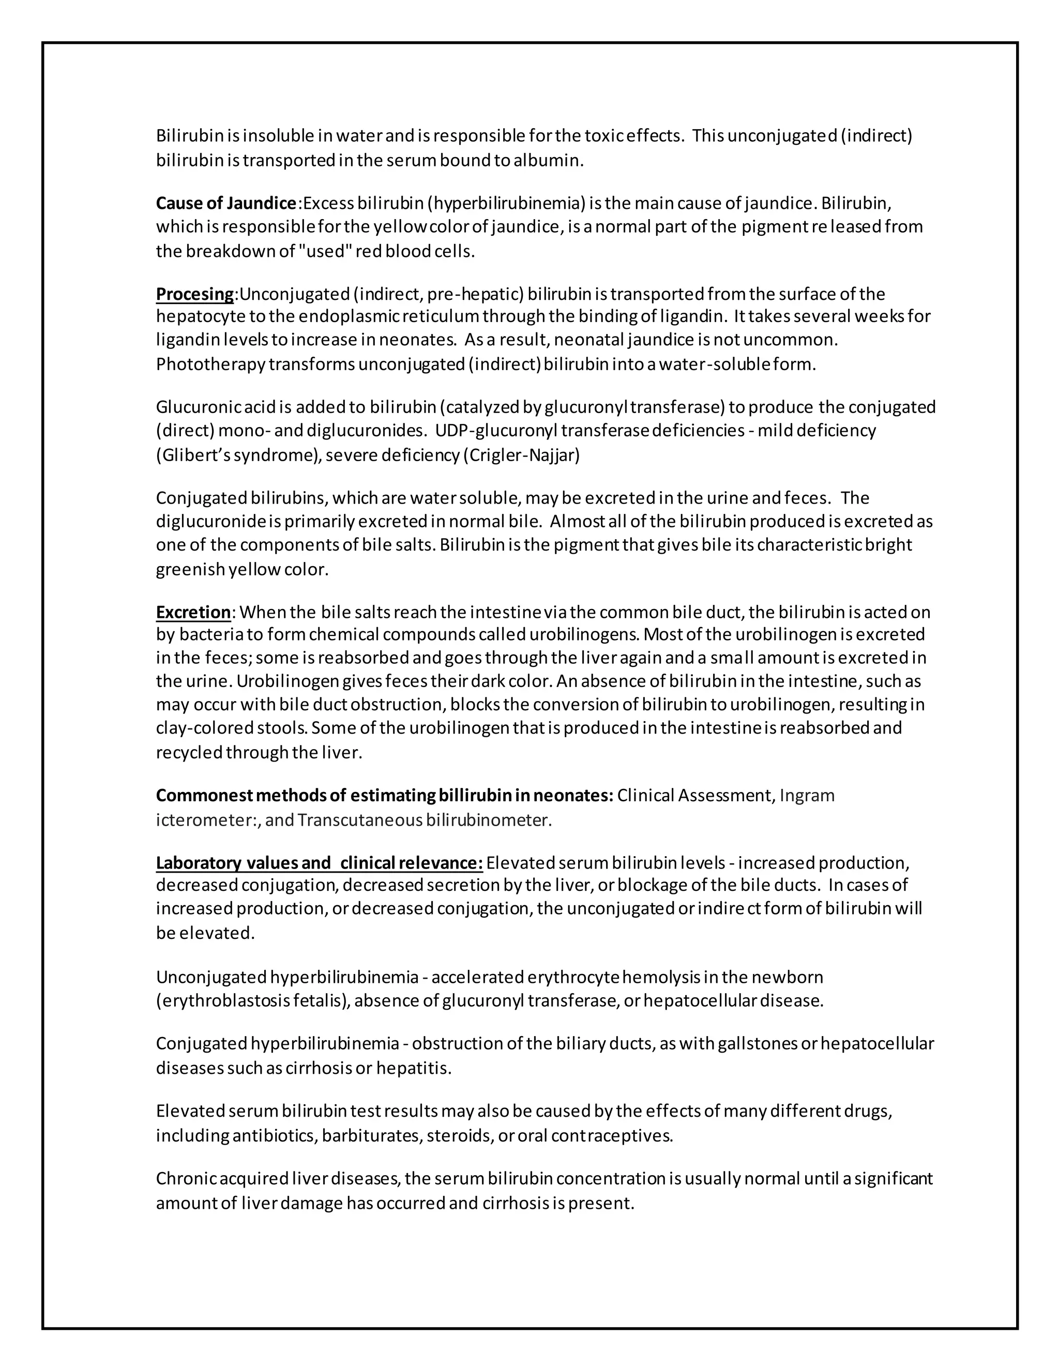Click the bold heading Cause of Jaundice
click(226, 203)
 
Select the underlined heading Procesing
click(195, 294)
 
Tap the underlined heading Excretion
click(193, 612)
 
